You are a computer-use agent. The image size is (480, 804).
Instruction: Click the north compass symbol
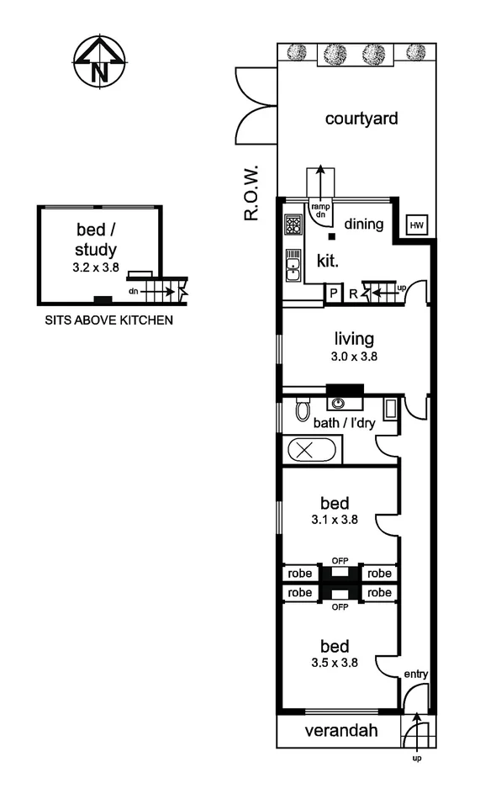point(99,61)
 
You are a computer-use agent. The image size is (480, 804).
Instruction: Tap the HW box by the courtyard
point(416,225)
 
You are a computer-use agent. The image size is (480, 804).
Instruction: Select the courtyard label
point(361,118)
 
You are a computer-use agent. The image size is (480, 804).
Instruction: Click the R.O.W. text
point(251,193)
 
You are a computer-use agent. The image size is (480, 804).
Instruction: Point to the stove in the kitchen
point(293,225)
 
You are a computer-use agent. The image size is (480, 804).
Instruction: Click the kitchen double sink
point(293,265)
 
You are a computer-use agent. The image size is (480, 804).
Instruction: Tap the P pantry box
point(334,294)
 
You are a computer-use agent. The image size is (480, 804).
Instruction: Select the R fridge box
point(354,294)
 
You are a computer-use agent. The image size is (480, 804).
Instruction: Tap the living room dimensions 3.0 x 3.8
point(354,356)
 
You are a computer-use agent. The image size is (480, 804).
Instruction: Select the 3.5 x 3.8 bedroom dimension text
point(334,661)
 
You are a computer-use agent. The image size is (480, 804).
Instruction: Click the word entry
point(415,674)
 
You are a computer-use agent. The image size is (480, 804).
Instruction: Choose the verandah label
point(340,732)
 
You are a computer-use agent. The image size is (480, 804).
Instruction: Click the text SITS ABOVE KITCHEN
point(108,320)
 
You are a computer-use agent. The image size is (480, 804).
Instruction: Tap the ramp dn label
point(319,210)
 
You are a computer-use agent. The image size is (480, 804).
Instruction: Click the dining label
point(363,225)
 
